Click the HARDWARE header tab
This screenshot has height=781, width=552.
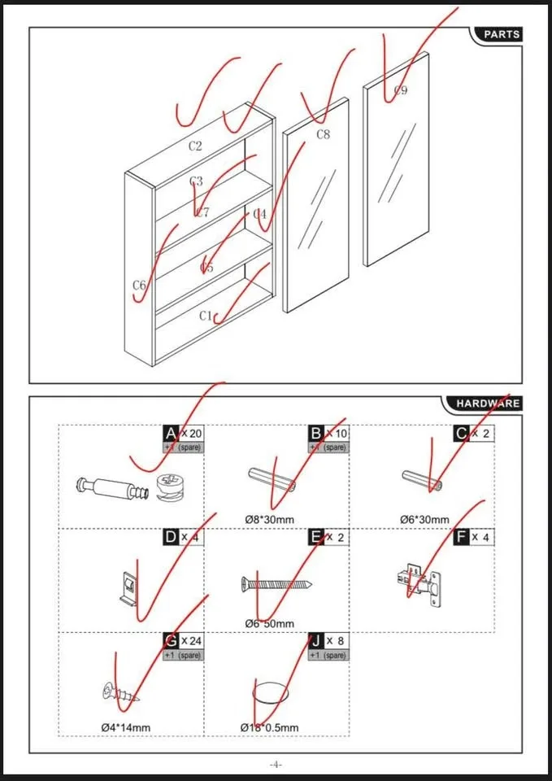tap(486, 403)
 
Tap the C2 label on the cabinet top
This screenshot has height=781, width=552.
tap(195, 146)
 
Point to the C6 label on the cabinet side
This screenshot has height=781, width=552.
tap(139, 286)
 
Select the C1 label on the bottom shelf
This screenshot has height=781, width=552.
tap(206, 316)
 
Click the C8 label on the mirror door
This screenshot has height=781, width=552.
tap(323, 134)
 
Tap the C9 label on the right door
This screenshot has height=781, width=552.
tap(400, 90)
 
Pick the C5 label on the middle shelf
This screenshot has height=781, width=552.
tap(206, 267)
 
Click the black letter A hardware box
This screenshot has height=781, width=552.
tap(171, 434)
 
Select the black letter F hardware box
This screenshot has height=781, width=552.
tap(462, 537)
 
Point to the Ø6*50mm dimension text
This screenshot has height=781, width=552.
tap(269, 622)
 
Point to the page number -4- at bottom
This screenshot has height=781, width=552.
tap(276, 765)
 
